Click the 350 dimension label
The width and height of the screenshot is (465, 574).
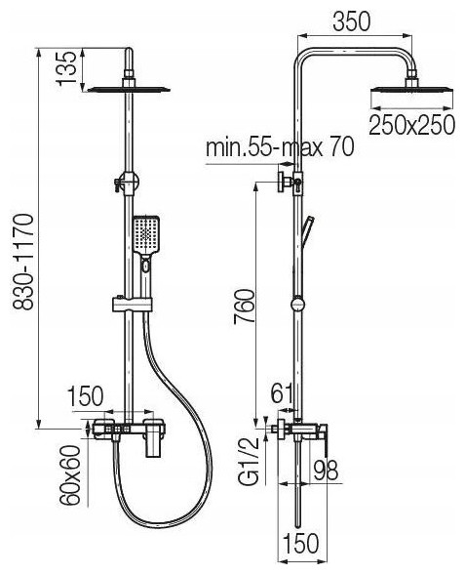click(x=351, y=21)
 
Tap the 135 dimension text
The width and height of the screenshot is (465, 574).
click(x=66, y=68)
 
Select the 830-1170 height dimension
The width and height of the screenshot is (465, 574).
click(x=23, y=263)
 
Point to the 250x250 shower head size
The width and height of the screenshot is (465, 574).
click(x=412, y=125)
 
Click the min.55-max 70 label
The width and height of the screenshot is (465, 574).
click(x=280, y=147)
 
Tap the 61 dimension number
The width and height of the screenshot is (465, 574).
click(x=282, y=393)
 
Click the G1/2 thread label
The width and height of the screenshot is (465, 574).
click(x=250, y=461)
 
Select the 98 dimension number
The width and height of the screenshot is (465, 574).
click(x=326, y=471)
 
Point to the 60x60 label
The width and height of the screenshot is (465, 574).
click(x=69, y=475)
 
